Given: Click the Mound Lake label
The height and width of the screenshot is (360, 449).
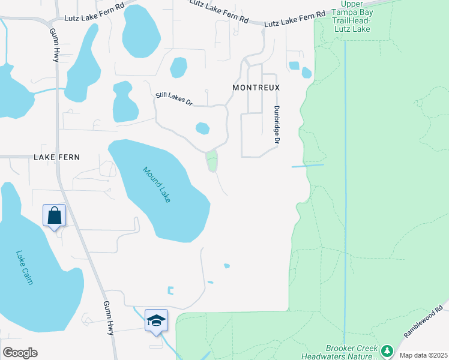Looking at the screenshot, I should [x=157, y=184].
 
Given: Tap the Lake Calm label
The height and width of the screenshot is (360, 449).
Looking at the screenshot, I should [x=25, y=268].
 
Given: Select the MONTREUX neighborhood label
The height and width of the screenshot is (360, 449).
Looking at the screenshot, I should [x=256, y=88].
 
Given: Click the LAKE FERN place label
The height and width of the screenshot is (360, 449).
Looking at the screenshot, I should [x=56, y=157].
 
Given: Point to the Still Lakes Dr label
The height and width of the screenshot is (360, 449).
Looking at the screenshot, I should [x=173, y=98].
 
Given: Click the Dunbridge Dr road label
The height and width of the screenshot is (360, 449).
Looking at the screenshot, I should [x=277, y=125].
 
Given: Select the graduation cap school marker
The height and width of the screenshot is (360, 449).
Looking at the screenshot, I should [x=156, y=320].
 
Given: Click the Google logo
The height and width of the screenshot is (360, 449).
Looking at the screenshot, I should [x=20, y=353].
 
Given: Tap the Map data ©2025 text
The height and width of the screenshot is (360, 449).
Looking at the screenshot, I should [x=423, y=355].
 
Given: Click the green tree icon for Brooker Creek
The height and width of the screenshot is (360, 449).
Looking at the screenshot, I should [x=387, y=350].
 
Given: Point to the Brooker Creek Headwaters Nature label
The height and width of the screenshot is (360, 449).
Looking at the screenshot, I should [x=351, y=352].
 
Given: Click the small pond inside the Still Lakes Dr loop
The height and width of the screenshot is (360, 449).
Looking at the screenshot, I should [x=202, y=128].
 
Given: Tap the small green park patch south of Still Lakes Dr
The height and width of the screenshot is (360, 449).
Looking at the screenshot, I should [x=212, y=161].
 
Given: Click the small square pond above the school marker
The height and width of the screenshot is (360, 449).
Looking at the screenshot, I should [x=170, y=291].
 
